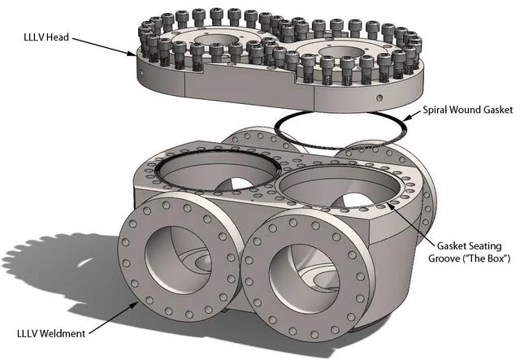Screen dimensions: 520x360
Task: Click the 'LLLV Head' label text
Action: pos(46,37)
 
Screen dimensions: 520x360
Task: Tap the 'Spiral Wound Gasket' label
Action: pos(468,110)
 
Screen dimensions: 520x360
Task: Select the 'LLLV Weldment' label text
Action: pos(51,333)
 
